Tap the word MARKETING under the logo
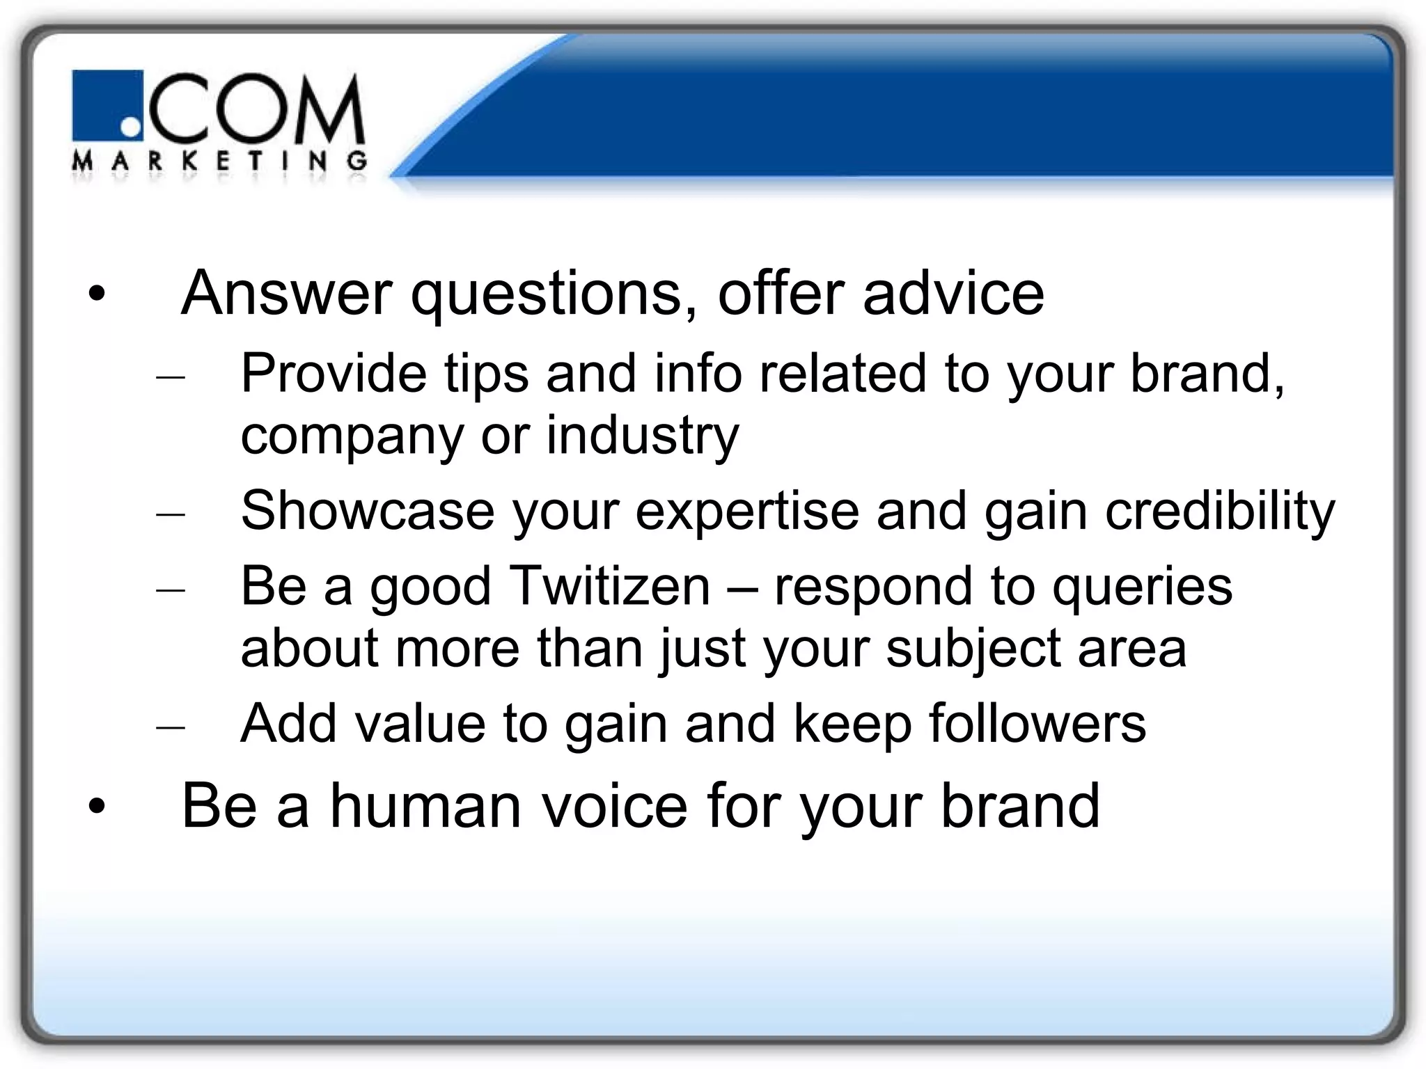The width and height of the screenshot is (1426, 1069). (219, 162)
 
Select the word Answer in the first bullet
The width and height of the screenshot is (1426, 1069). (286, 294)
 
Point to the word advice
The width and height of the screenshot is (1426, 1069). (953, 294)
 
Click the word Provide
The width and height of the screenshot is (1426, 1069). (334, 374)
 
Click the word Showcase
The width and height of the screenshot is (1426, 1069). (367, 511)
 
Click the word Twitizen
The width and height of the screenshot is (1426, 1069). (610, 586)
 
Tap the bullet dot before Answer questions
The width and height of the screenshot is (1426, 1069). (97, 294)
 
